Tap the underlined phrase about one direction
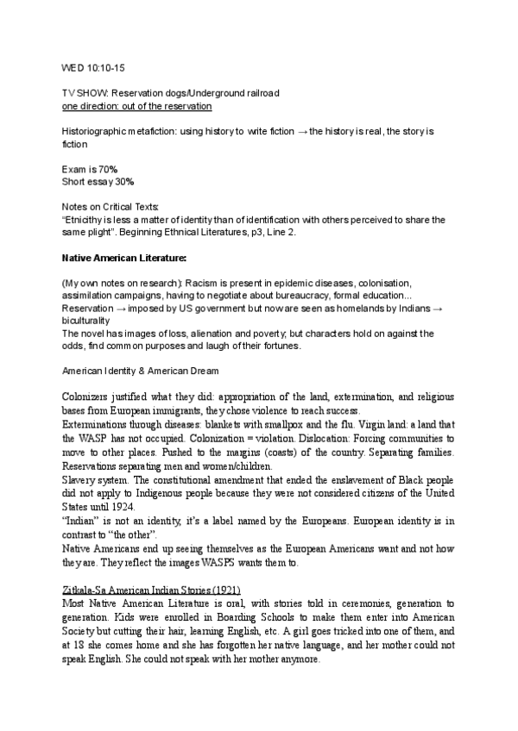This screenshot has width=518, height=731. pyautogui.click(x=136, y=105)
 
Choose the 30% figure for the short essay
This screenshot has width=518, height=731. pyautogui.click(x=124, y=181)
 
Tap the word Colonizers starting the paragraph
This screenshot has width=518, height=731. pyautogui.click(x=88, y=397)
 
